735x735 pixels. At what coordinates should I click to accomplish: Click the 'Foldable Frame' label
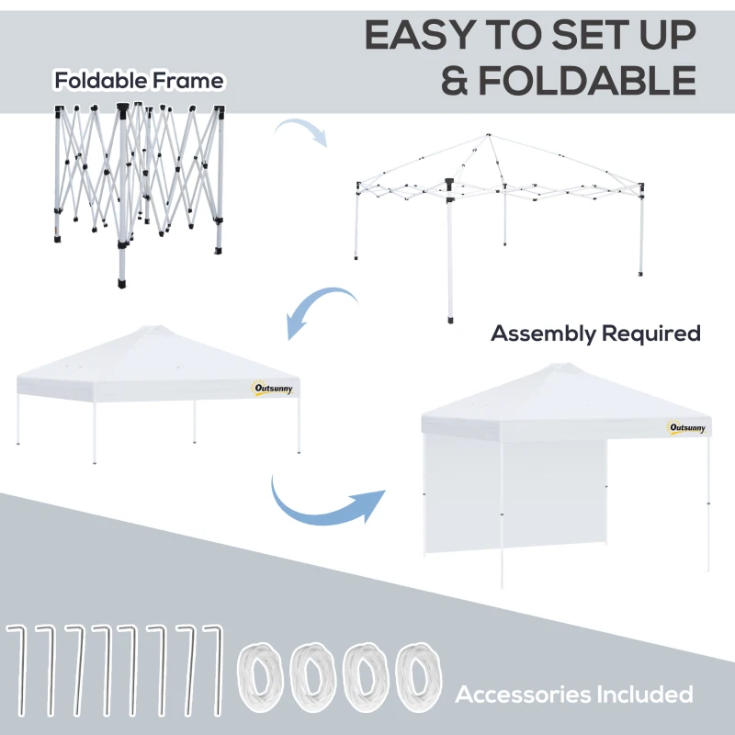(x=139, y=81)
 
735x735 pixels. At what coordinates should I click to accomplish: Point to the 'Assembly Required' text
(x=595, y=333)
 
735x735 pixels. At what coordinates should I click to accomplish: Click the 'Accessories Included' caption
(x=574, y=695)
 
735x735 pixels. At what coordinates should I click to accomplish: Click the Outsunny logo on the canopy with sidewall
(x=687, y=427)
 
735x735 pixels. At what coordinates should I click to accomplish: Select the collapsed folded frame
(x=138, y=184)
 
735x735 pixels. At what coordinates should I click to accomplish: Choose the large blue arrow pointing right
(x=327, y=500)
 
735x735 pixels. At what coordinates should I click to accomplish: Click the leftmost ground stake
(x=16, y=671)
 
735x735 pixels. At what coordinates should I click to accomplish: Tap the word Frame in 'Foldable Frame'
(x=189, y=81)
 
